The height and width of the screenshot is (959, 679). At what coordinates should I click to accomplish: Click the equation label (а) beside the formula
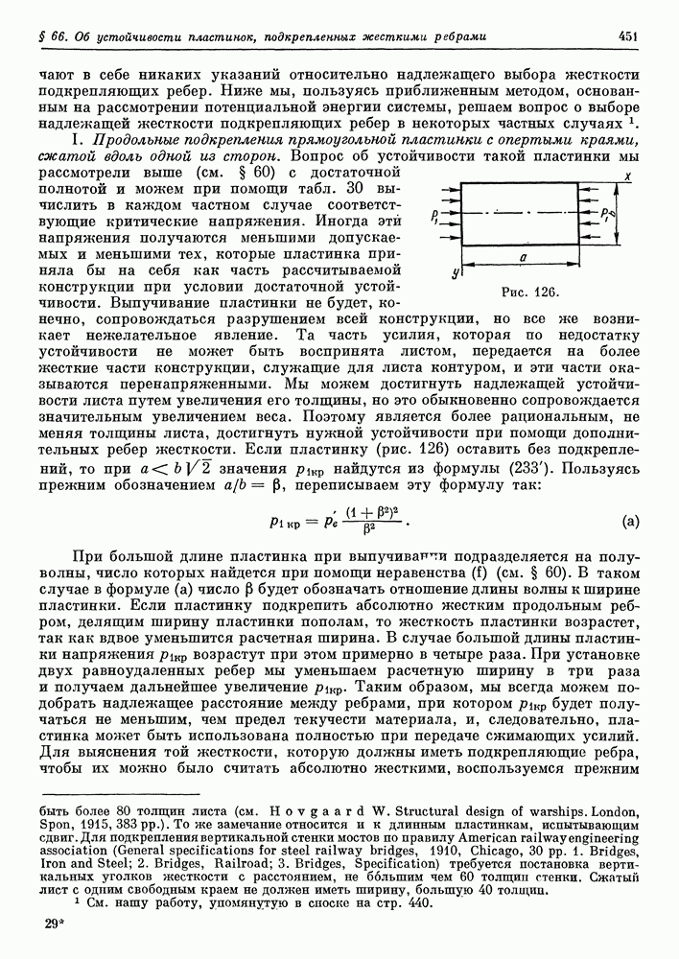coord(630,522)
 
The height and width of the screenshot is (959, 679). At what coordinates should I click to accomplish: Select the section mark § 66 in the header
coord(47,36)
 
